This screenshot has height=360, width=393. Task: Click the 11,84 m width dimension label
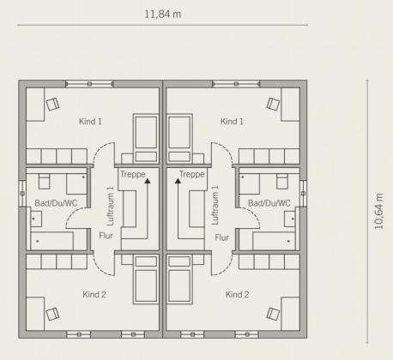[x=162, y=14]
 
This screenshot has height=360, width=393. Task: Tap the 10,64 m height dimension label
[x=378, y=212]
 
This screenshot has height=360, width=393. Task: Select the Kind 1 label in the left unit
[x=90, y=122]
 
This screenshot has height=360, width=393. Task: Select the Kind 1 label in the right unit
[x=232, y=122]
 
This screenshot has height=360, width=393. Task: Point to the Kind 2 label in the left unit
[x=94, y=294]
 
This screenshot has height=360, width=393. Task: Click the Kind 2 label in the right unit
[x=237, y=294]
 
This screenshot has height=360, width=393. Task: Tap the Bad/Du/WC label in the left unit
[x=56, y=203]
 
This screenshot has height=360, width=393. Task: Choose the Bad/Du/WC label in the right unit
[x=269, y=203]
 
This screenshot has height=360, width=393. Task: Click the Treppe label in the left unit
[x=133, y=174]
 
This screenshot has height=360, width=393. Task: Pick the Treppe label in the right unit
[x=192, y=174]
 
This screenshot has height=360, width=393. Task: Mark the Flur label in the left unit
[x=106, y=236]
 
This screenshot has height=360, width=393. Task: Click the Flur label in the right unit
[x=221, y=237]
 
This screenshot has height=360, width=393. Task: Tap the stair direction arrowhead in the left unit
[x=148, y=181]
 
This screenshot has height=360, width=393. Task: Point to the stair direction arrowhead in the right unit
[x=178, y=181]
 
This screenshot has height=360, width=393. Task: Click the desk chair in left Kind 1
[x=52, y=104]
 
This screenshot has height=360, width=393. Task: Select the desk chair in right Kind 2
[x=273, y=314]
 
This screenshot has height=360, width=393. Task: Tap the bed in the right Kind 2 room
[x=179, y=279]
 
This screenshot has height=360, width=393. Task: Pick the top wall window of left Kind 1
[x=90, y=84]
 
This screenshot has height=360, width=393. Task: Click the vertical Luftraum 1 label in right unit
[x=215, y=206]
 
